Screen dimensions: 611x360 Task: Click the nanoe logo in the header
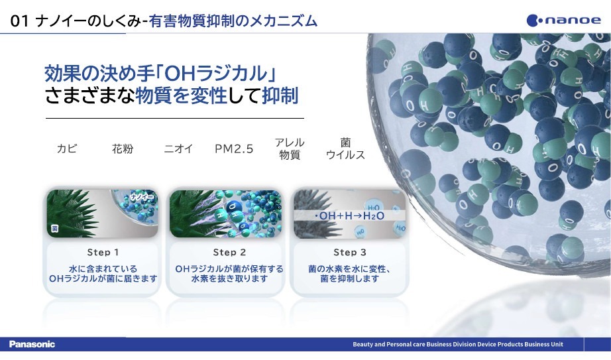[563, 20]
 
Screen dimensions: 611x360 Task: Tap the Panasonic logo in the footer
[32, 344]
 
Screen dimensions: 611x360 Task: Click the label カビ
[67, 149]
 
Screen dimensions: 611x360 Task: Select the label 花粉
[123, 149]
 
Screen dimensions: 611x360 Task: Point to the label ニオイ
[178, 149]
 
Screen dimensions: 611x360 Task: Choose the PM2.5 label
[234, 149]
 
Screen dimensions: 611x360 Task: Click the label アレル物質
[290, 149]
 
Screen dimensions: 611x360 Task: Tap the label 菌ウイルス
[345, 149]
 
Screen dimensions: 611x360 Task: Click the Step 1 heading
[103, 253]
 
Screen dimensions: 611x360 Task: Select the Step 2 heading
[229, 253]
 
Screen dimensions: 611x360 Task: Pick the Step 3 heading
[350, 253]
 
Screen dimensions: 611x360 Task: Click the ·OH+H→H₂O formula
[349, 215]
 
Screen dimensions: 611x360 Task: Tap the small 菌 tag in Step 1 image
[54, 229]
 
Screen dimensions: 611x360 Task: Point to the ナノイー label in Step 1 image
[142, 197]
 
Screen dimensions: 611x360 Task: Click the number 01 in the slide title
[19, 21]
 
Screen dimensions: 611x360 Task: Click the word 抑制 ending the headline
[280, 96]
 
